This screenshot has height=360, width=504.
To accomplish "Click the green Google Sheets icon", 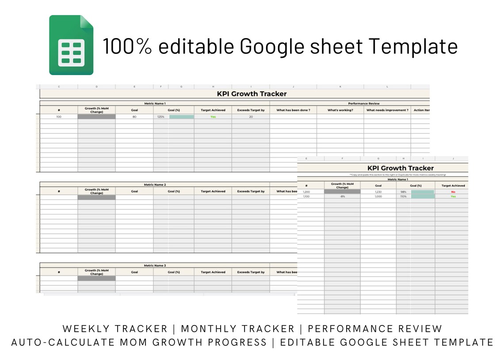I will click(x=71, y=45).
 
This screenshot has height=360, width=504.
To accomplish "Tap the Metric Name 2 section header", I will click(x=155, y=184).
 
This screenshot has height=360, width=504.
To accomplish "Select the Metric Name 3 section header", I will click(x=155, y=265).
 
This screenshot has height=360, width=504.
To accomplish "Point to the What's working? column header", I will click(x=340, y=110).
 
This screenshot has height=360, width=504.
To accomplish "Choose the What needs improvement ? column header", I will click(x=387, y=110).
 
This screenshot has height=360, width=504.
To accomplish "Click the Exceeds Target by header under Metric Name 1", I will click(x=251, y=110).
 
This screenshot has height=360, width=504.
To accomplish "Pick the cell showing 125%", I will click(x=161, y=117).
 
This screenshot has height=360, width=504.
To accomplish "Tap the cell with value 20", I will click(x=251, y=117).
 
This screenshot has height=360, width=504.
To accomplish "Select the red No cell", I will click(x=453, y=192).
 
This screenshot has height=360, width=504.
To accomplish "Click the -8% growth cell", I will click(x=342, y=196).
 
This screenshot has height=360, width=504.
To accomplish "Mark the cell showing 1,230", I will click(x=378, y=192).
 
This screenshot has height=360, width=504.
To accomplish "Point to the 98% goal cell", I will click(x=403, y=192).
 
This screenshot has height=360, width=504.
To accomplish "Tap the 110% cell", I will click(x=403, y=196).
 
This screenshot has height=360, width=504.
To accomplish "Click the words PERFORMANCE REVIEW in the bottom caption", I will click(x=375, y=329).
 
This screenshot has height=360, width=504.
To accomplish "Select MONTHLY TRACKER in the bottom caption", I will click(x=238, y=329).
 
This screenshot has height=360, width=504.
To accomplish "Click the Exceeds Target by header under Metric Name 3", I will click(x=251, y=272).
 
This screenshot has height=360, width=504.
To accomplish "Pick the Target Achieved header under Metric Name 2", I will click(x=213, y=191).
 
